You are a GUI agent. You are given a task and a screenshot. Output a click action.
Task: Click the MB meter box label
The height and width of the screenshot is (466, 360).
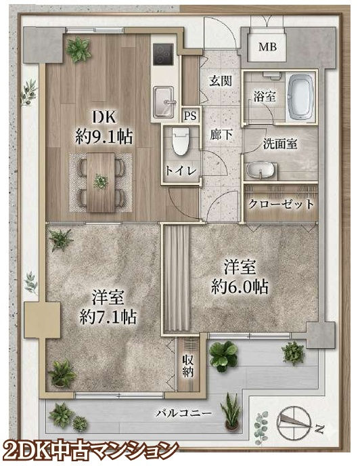coord(267,47)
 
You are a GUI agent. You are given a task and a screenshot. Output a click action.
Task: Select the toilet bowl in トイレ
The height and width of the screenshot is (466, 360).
coord(180,142)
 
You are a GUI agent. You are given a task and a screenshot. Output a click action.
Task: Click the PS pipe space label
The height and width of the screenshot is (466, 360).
coord(190,116)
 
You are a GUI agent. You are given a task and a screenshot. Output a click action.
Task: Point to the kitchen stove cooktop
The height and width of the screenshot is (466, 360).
coord(163,54)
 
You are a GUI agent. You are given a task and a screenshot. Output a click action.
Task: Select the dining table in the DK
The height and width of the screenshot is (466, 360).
coord(101,182)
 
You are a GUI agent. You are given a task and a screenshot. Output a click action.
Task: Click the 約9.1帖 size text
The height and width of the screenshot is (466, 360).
coord(104,137)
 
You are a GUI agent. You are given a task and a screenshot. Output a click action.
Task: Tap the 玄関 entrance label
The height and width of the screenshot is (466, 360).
coord(221,81)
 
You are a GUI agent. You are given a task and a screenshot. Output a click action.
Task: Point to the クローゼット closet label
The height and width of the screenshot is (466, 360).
coord(281,204)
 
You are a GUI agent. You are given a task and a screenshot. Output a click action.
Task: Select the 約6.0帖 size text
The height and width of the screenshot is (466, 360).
coord(240,287)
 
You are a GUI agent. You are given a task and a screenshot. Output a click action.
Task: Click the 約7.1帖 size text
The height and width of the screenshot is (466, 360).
coord(108,317)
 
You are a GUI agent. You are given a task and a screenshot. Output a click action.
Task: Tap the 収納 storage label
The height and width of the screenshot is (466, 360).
coord(188,366)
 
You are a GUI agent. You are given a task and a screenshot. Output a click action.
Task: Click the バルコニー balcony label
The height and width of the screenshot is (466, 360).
coord(184,413)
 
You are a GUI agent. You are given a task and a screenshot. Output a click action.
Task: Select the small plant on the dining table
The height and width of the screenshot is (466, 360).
coord(101,182)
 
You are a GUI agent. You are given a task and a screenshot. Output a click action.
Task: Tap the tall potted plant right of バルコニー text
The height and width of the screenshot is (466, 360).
coord(231,412)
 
